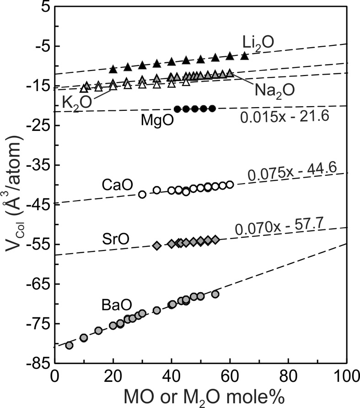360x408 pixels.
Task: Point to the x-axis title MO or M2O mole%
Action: point(201,397)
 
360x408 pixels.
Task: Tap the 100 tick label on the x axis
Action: point(347,378)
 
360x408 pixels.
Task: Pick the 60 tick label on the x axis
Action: point(230,378)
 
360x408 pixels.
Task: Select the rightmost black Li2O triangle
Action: point(245,55)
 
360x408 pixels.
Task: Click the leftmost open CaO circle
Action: point(142,194)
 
